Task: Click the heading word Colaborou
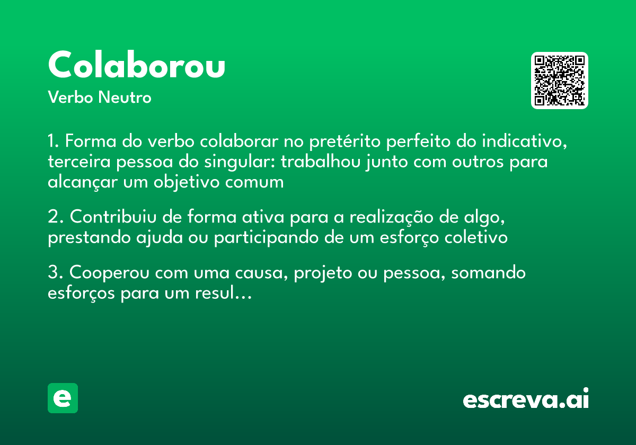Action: [137, 66]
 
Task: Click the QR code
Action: [560, 81]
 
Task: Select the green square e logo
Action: [63, 398]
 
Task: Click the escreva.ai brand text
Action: [526, 399]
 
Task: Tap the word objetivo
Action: [195, 182]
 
